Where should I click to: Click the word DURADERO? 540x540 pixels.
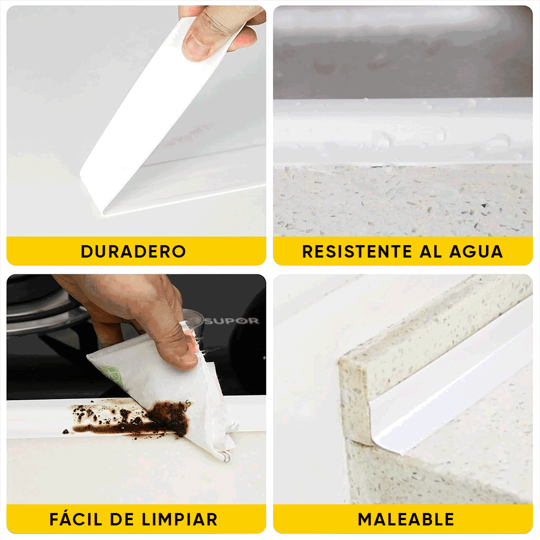coord(133,252)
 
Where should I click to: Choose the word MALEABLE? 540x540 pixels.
coord(406,519)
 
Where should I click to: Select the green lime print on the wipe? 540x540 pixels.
coord(108,373)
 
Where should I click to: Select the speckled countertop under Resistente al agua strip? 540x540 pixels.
coord(402,200)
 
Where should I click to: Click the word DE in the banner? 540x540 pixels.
coord(122,519)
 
